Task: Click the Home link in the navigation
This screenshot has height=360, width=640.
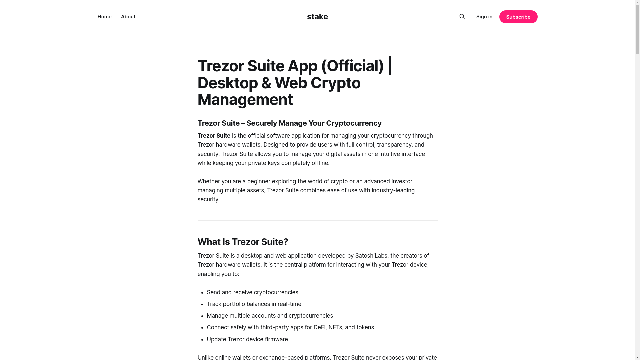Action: click(x=104, y=17)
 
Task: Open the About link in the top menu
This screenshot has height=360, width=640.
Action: click(x=128, y=17)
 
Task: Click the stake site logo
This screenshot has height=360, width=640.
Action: click(x=317, y=17)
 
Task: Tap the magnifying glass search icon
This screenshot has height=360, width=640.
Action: click(x=462, y=17)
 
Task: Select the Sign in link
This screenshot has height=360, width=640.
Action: click(x=484, y=17)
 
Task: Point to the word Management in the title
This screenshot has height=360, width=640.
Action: click(x=245, y=100)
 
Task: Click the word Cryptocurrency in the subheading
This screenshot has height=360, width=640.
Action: click(x=354, y=123)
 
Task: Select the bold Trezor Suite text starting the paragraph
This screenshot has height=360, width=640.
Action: click(x=214, y=136)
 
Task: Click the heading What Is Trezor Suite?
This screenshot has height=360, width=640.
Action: click(x=243, y=242)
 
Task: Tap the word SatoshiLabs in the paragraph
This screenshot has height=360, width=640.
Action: click(x=371, y=256)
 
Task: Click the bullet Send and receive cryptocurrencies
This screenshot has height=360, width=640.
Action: click(x=252, y=292)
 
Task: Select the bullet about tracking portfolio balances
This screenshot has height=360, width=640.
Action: click(x=254, y=304)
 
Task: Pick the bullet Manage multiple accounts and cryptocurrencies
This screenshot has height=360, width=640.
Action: click(x=270, y=316)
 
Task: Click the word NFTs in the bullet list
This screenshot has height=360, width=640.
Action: click(x=335, y=327)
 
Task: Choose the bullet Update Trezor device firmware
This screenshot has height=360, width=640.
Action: click(x=247, y=339)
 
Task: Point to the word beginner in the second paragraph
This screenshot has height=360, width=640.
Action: click(x=258, y=181)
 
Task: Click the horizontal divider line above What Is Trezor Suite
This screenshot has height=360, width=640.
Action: click(x=317, y=220)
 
